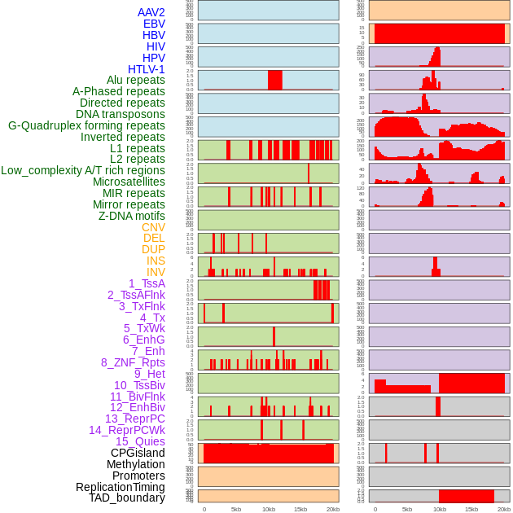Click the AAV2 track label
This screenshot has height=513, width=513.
tap(151, 12)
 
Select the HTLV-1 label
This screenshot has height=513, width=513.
tap(146, 69)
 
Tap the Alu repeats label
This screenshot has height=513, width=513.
tap(135, 80)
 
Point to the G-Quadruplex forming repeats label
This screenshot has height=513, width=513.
tap(86, 125)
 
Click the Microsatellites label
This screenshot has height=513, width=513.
tap(129, 182)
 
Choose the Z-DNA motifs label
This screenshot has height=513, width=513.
tap(131, 216)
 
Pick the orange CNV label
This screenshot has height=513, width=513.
tap(153, 227)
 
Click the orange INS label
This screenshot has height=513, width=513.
tap(155, 261)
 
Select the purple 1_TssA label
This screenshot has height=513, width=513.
tap(147, 283)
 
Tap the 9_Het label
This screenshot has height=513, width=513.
tap(150, 374)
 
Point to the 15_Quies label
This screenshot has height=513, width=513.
tap(140, 441)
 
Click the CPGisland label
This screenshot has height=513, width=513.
tap(138, 453)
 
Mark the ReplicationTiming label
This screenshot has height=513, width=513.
tap(120, 487)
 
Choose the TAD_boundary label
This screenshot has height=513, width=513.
tap(126, 498)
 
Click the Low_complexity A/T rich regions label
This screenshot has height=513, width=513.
tap(83, 170)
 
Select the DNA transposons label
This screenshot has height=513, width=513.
tap(121, 114)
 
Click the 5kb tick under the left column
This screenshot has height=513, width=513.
tap(236, 509)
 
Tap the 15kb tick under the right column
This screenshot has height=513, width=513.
tap(471, 509)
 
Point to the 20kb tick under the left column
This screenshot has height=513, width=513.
tap(332, 509)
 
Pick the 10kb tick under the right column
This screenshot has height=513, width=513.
tap(439, 509)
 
